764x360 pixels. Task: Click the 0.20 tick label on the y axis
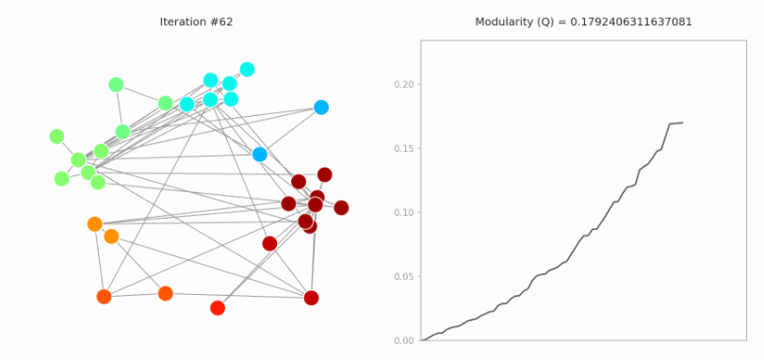(403, 85)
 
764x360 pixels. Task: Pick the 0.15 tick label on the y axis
(403, 149)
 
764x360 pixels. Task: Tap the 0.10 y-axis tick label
(403, 213)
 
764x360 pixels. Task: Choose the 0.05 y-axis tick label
(403, 277)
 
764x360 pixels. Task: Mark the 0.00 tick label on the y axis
(403, 340)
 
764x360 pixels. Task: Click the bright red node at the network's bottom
(218, 308)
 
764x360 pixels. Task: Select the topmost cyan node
(247, 69)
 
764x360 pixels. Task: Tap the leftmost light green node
(57, 137)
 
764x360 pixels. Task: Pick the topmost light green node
(116, 85)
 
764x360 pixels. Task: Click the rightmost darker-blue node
(321, 107)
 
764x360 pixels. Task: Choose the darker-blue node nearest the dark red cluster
(260, 155)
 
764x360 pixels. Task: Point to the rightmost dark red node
(341, 207)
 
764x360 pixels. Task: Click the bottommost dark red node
(311, 298)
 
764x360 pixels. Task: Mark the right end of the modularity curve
(682, 123)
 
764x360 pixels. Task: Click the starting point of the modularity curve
(422, 339)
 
